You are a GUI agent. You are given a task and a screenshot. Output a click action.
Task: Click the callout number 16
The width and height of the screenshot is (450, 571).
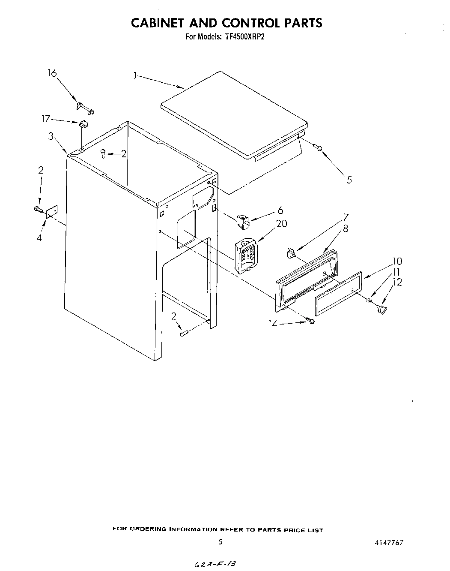point(51,73)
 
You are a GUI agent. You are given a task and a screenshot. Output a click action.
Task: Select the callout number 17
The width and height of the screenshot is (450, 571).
point(45,119)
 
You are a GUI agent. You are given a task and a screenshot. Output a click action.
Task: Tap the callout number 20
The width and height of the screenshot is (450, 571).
point(282,223)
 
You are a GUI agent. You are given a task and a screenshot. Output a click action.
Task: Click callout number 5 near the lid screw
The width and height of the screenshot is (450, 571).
point(349,180)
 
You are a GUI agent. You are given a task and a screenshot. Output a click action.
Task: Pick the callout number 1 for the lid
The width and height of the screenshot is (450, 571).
point(135,76)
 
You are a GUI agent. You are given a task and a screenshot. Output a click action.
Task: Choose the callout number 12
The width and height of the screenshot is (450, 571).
point(397,282)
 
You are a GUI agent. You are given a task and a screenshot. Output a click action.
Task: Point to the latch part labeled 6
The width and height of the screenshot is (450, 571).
point(242,222)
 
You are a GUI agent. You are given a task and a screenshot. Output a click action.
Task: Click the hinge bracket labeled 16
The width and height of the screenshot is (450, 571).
point(85,109)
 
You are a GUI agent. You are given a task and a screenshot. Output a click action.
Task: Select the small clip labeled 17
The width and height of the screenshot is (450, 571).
point(83,124)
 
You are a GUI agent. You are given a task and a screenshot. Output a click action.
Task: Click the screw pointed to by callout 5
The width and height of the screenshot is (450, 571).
point(319,148)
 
